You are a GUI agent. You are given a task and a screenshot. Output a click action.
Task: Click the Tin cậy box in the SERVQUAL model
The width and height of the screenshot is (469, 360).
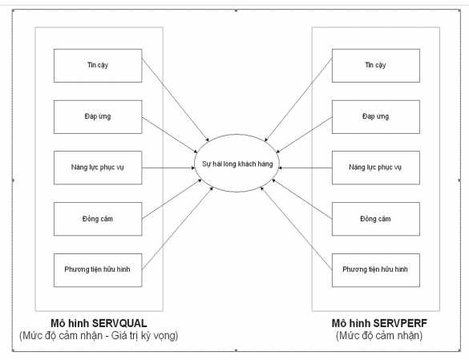(98, 65)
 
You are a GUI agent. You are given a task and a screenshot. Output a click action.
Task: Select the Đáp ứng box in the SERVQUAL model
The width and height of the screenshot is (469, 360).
(98, 116)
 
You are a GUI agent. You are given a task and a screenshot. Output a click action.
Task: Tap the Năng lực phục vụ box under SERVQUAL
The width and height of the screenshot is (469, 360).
(98, 167)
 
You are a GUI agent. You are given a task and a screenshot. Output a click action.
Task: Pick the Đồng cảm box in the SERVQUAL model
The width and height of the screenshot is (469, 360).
(98, 218)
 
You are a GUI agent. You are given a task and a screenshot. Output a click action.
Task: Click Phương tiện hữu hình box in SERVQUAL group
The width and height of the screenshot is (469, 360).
(98, 269)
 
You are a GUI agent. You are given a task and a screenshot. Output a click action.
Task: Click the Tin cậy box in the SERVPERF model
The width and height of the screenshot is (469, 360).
(375, 65)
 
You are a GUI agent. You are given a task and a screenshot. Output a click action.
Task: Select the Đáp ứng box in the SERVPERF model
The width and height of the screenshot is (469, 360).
(375, 116)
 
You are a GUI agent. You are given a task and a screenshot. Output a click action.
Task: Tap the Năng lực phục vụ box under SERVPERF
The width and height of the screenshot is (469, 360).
(375, 167)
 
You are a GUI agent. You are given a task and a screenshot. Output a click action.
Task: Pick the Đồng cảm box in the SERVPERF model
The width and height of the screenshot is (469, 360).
(375, 218)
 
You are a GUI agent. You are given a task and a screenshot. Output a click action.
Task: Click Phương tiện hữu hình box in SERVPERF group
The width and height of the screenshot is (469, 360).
(375, 269)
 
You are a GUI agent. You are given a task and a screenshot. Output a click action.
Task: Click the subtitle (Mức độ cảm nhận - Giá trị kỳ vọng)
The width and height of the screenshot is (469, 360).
(98, 336)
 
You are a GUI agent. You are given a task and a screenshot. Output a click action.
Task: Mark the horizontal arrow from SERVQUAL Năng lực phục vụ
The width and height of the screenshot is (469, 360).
(168, 168)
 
